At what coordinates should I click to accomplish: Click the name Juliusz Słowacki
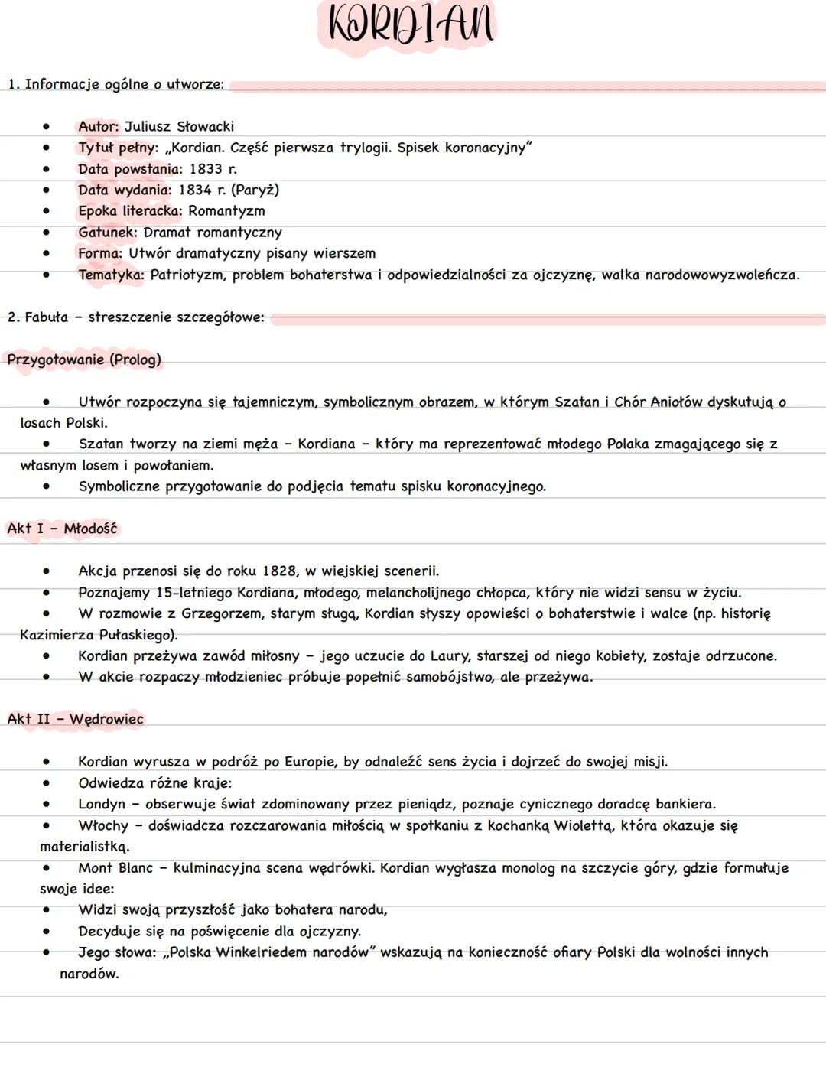[x=179, y=127]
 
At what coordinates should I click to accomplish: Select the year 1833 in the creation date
[x=206, y=169]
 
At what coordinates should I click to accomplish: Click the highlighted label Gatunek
[x=107, y=233]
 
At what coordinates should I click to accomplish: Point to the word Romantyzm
[x=226, y=211]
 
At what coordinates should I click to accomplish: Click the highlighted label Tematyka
[x=110, y=275]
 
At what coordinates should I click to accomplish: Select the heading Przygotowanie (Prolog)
[x=84, y=359]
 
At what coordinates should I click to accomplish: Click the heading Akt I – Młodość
[x=62, y=529]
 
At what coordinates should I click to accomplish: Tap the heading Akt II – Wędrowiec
[x=75, y=719]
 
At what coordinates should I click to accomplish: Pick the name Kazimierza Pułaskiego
[x=98, y=635]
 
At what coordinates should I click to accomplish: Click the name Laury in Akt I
[x=448, y=656]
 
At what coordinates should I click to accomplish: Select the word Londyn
[x=101, y=805]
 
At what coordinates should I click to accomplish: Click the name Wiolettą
[x=584, y=826]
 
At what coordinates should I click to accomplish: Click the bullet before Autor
[x=47, y=127]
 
